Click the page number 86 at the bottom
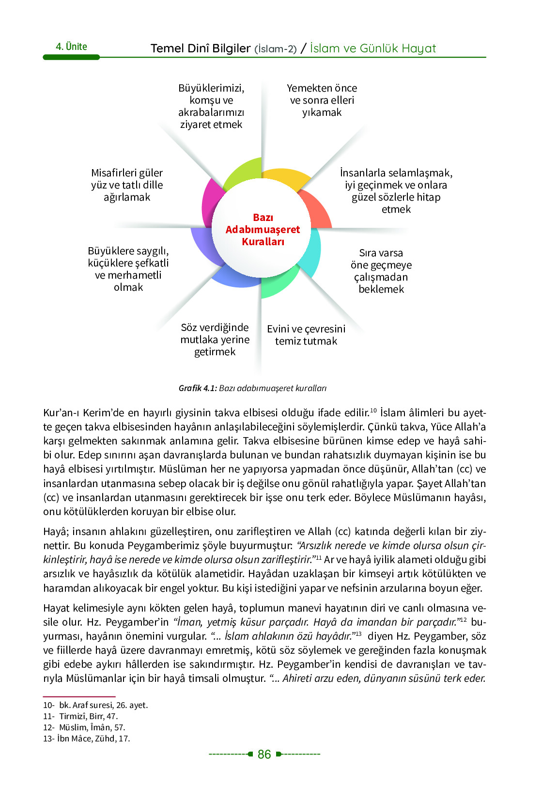264,754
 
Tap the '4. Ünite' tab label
71,47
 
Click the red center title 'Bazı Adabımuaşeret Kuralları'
263,229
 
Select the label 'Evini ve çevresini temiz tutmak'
306,335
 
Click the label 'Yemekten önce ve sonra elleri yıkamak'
322,100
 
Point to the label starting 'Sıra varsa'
381,271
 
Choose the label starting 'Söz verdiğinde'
215,340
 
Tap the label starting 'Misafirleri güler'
127,185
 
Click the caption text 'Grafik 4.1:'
198,388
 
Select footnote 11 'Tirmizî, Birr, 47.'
80,716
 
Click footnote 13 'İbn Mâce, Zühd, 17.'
87,739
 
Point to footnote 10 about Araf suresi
95,705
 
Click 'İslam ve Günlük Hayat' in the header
373,48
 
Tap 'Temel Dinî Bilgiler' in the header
201,48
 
